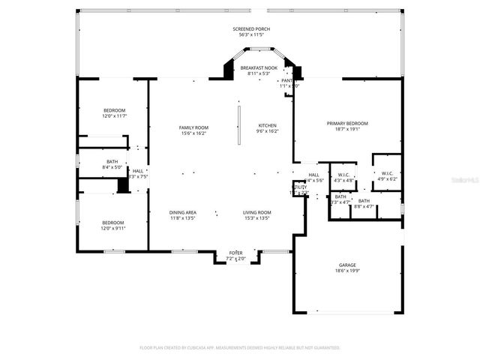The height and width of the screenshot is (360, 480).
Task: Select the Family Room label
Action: coord(193,127)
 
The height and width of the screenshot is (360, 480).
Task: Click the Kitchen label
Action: coord(268,125)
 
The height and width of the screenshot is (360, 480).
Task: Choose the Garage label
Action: coord(346,265)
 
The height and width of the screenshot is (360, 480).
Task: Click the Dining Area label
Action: coord(182,213)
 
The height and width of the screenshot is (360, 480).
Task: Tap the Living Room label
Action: coord(256,213)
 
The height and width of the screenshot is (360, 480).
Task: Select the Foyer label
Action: coord(235,253)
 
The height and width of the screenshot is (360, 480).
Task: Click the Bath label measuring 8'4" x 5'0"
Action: coord(112,161)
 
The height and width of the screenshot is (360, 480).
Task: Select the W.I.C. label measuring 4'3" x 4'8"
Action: coord(344,175)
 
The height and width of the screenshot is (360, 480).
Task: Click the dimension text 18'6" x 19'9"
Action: coord(346,271)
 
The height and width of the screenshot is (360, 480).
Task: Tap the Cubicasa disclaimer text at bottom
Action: coord(240,348)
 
